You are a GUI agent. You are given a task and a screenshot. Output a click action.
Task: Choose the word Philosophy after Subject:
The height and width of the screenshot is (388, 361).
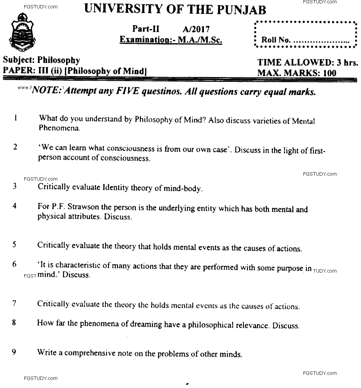[x=59, y=61]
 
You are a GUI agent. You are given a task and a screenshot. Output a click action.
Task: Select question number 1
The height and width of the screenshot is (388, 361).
[x=15, y=118]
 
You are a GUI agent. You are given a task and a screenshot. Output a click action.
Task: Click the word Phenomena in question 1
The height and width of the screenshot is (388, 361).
[x=59, y=128]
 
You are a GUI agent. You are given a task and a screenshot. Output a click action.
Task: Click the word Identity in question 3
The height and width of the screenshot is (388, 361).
[x=115, y=187]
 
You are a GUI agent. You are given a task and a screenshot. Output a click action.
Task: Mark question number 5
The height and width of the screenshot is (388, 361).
[x=15, y=245]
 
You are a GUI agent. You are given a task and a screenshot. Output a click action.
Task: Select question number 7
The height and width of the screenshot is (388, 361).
[x=14, y=303]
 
